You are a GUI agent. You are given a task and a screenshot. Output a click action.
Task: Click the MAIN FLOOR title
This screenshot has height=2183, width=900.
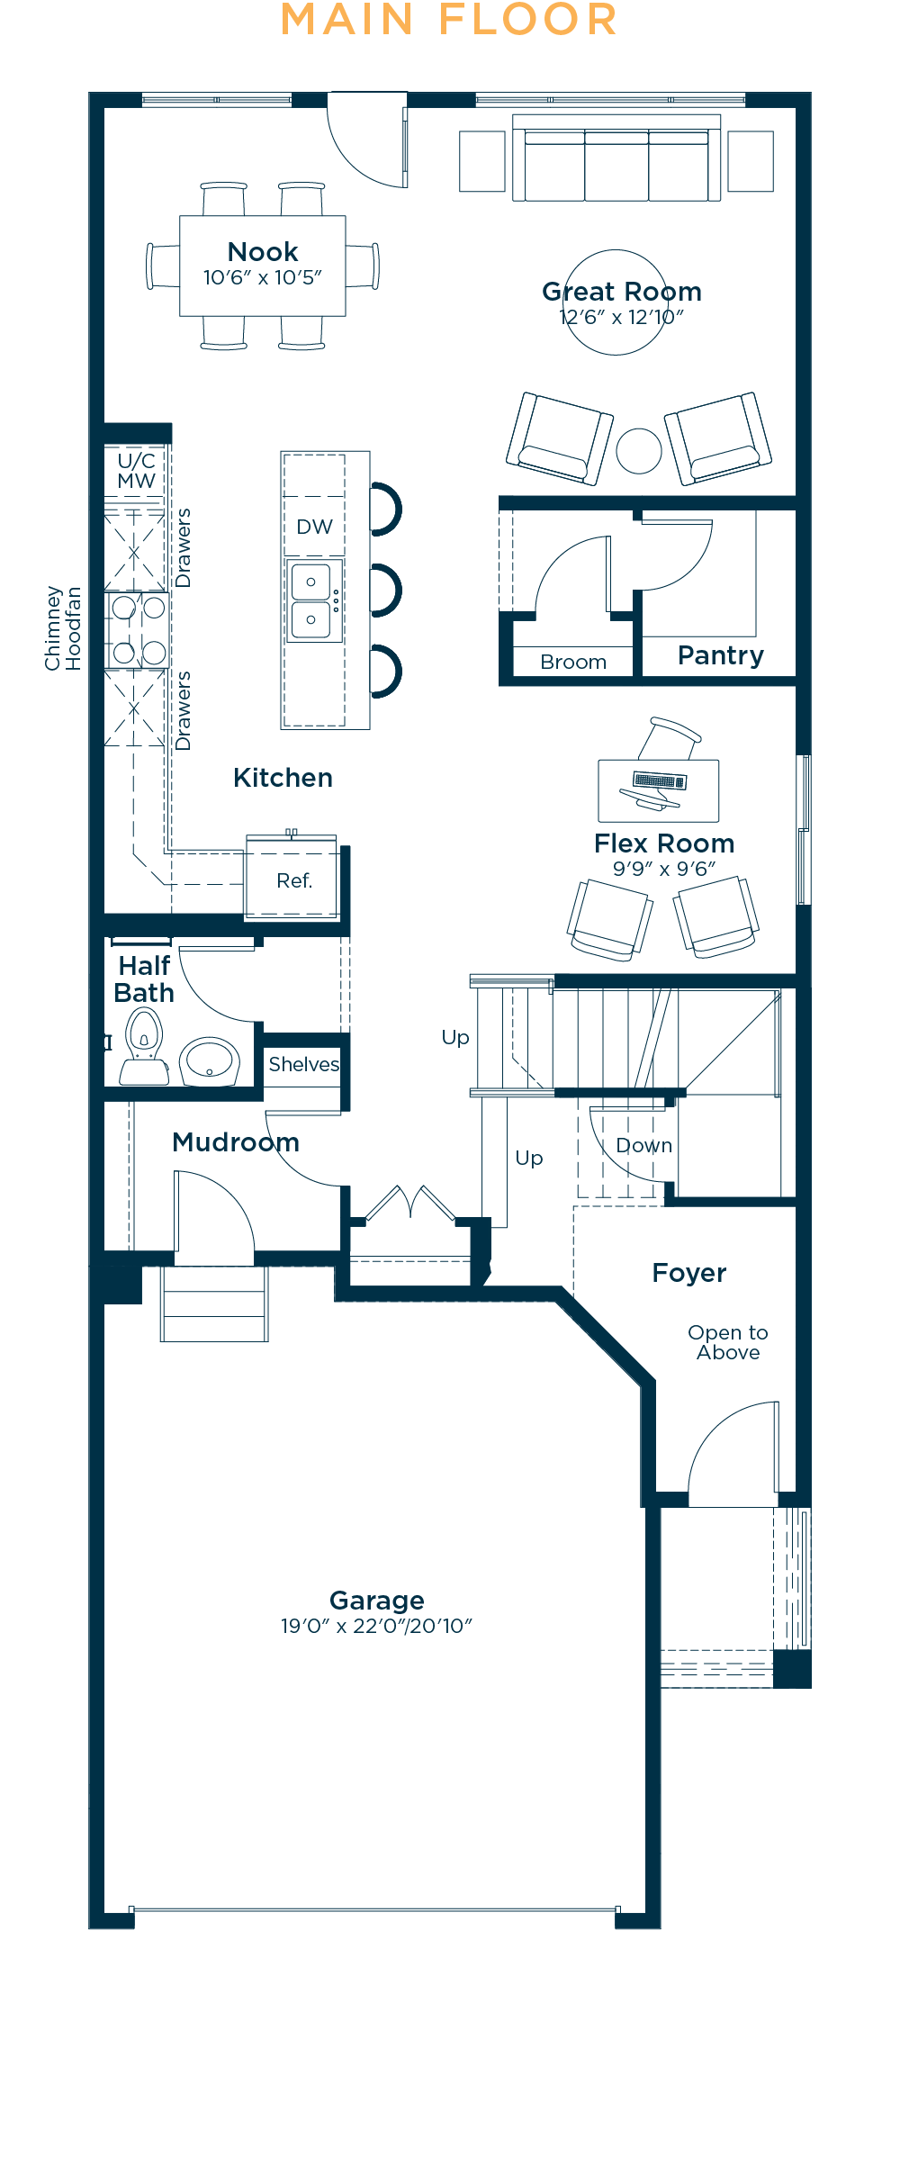coord(449,20)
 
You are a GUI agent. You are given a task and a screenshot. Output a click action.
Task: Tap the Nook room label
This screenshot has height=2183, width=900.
coord(262,251)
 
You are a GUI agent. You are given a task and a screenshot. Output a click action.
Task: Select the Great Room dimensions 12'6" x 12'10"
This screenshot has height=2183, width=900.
coord(621,317)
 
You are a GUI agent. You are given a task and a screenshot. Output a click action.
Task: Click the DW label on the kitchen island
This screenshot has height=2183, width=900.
coord(314,527)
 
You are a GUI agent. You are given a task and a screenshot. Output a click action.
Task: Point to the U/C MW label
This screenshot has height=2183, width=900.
coord(136,471)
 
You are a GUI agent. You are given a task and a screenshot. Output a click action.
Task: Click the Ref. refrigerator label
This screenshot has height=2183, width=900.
coord(294,880)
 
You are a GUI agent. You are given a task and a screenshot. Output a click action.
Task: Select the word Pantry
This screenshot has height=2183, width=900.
coord(720,654)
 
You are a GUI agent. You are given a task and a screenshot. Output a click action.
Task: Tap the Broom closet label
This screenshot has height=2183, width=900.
coord(573,662)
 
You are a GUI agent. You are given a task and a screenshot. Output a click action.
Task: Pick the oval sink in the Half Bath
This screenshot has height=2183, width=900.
coord(210,1061)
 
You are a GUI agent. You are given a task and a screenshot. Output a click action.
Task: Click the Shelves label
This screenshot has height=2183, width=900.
coord(304,1064)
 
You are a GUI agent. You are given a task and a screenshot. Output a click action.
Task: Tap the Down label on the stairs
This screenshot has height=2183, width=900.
coord(643,1145)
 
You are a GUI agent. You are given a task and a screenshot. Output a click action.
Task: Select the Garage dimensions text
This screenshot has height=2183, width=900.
coord(376,1626)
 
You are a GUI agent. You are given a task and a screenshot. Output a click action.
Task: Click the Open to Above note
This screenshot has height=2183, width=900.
coord(727,1342)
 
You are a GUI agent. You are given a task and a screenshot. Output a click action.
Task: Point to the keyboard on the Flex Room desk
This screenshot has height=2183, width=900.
coord(661,780)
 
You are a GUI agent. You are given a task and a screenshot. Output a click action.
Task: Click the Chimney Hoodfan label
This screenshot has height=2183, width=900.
coord(63,628)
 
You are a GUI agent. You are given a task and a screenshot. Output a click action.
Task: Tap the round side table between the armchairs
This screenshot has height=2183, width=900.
coord(639,450)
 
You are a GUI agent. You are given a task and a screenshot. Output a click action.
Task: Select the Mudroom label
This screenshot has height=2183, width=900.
coord(236,1141)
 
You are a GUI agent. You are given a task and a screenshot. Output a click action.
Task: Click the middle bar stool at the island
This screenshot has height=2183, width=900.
coord(386,591)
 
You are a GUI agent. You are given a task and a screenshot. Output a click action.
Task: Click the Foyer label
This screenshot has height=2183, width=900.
coord(688,1272)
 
